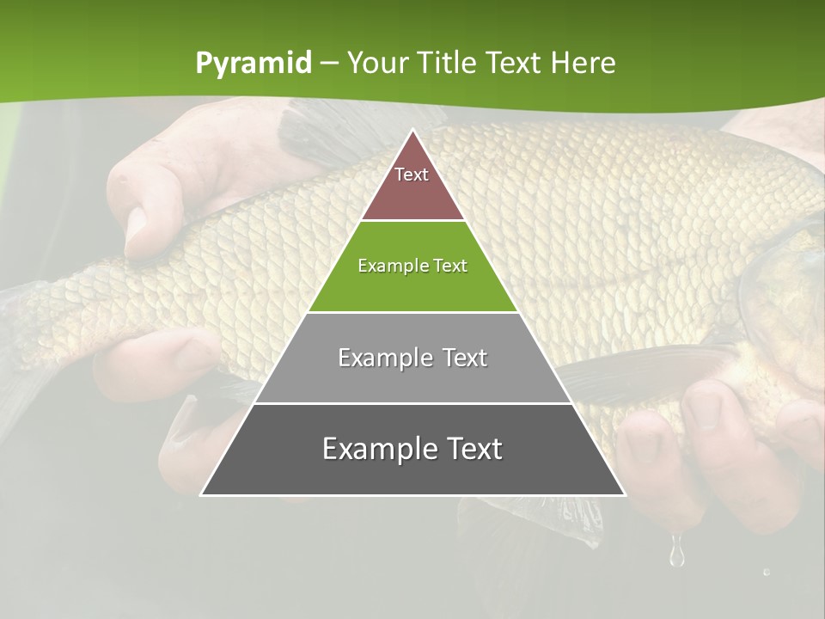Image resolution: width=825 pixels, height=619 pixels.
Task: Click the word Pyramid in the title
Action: coord(253,64)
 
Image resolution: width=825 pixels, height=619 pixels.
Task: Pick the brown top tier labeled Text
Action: coord(412,193)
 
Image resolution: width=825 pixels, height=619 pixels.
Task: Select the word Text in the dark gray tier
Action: coord(468,449)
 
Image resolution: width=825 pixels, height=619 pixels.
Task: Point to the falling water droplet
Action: coord(677,553)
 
